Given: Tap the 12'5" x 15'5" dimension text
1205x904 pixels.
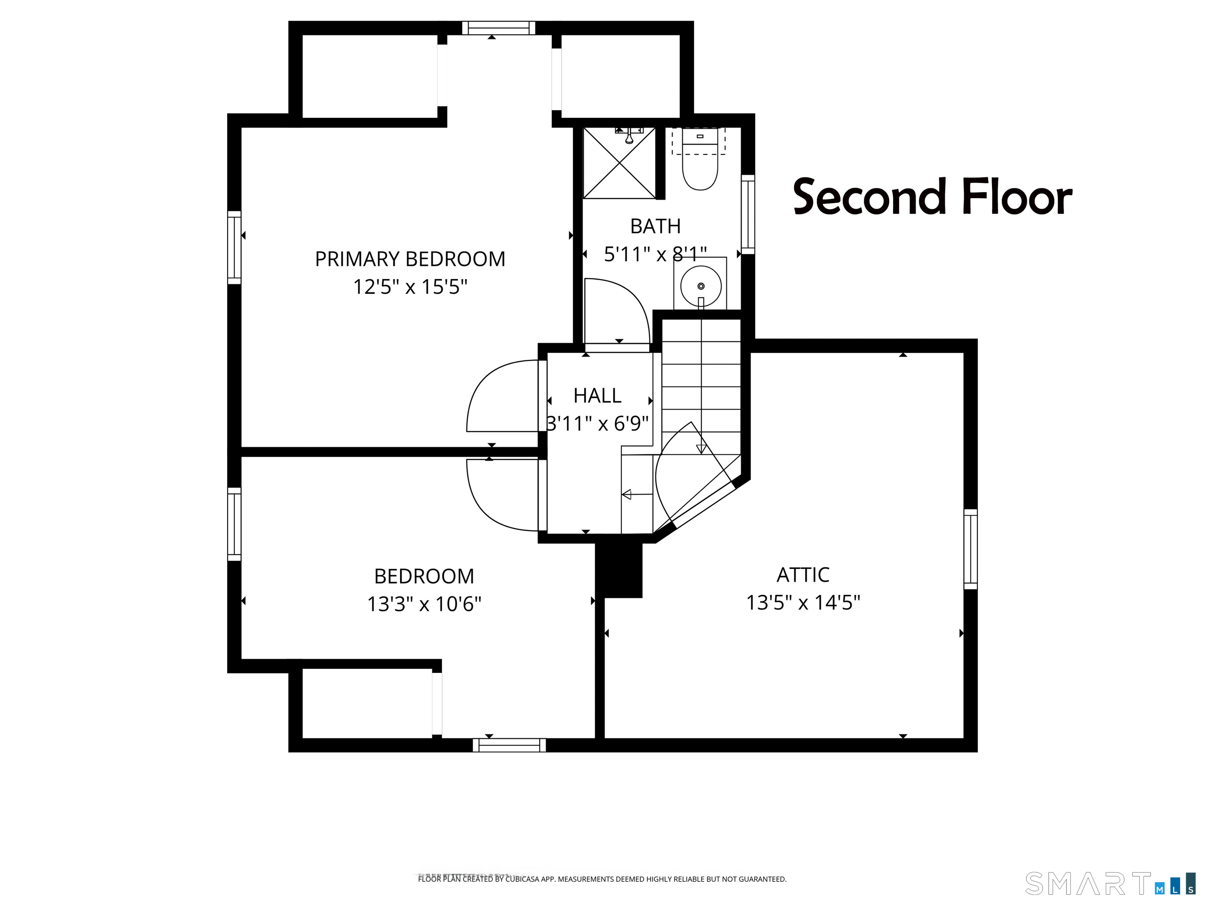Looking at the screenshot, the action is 410,287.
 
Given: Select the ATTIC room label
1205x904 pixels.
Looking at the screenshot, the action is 803,575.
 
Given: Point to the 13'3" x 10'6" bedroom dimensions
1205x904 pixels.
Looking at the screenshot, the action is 424,604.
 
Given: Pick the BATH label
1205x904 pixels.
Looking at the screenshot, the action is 655,226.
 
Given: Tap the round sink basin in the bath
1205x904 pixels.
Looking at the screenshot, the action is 701,286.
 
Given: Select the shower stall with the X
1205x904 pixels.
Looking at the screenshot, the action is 619,163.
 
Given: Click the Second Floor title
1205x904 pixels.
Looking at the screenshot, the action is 933,196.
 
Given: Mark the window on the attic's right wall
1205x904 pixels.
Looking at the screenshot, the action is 971,549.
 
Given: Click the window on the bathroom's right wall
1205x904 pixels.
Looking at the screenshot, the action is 748,214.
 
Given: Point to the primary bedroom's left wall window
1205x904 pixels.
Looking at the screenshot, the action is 234,248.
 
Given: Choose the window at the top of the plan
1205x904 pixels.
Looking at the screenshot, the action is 499,28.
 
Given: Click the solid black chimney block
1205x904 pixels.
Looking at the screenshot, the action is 619,570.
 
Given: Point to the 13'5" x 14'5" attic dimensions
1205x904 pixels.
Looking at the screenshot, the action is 803,603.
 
